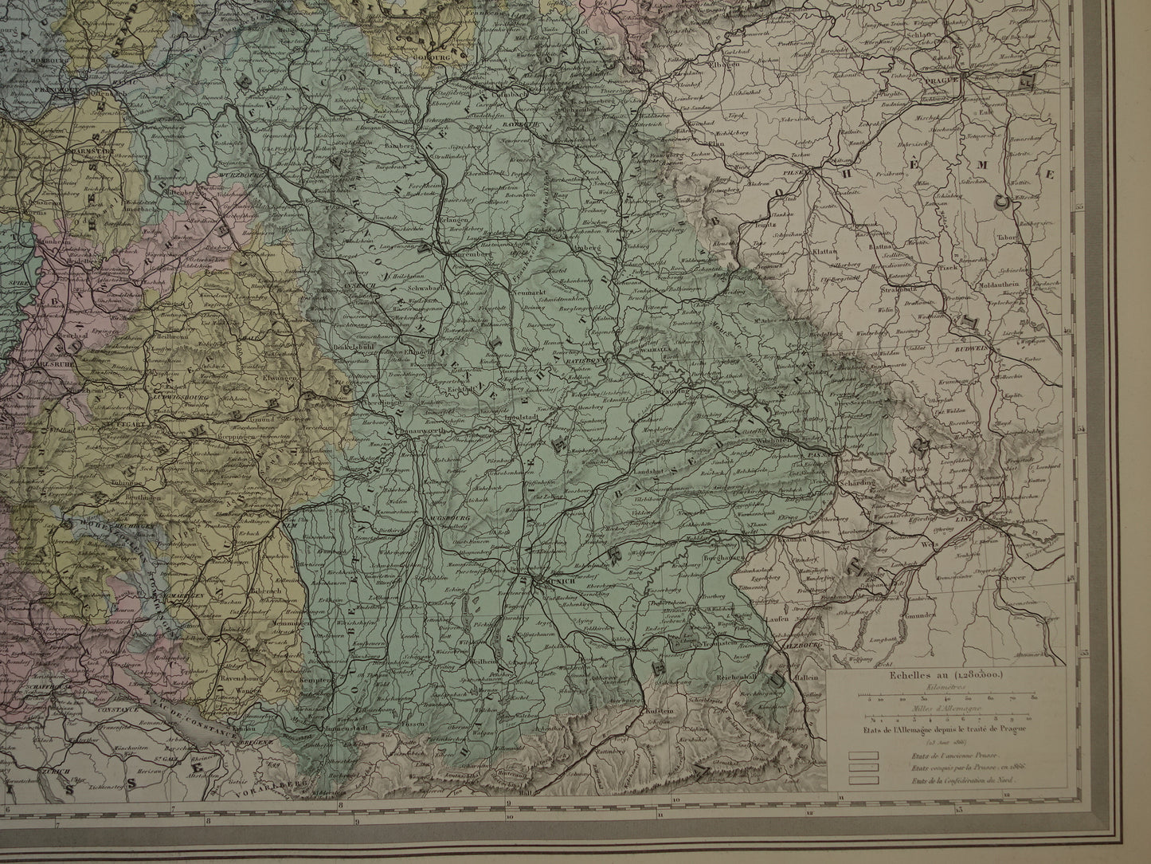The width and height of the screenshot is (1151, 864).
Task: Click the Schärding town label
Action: [856, 483]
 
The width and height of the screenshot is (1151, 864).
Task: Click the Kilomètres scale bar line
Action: [945, 695]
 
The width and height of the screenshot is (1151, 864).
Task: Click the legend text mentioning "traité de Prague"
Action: [945, 728]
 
